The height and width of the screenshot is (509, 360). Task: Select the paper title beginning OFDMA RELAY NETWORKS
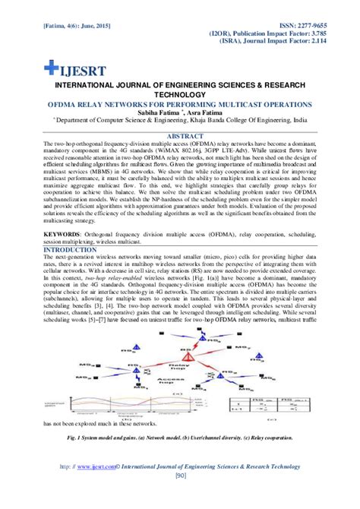click(179, 103)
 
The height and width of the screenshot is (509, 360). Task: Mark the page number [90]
click(180, 477)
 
